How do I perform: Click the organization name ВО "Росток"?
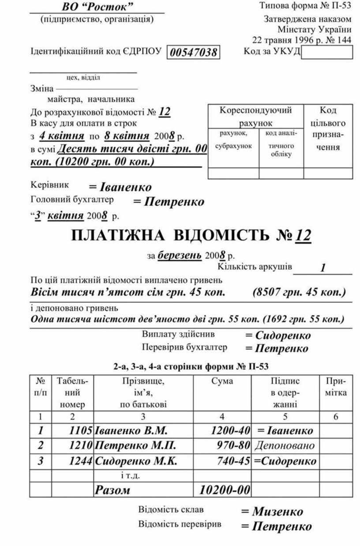pyautogui.click(x=97, y=7)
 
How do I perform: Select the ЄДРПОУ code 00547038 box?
pyautogui.click(x=194, y=53)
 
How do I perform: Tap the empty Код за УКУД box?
pyautogui.click(x=327, y=52)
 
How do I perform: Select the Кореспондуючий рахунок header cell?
pyautogui.click(x=255, y=116)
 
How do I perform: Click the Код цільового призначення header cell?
pyautogui.click(x=328, y=128)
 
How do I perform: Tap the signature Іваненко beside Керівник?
pyautogui.click(x=120, y=187)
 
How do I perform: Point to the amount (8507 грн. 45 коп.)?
pyautogui.click(x=299, y=292)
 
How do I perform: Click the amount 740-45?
pyautogui.click(x=234, y=461)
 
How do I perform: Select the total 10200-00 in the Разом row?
pyautogui.click(x=225, y=490)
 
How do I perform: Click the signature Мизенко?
pyautogui.click(x=272, y=512)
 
